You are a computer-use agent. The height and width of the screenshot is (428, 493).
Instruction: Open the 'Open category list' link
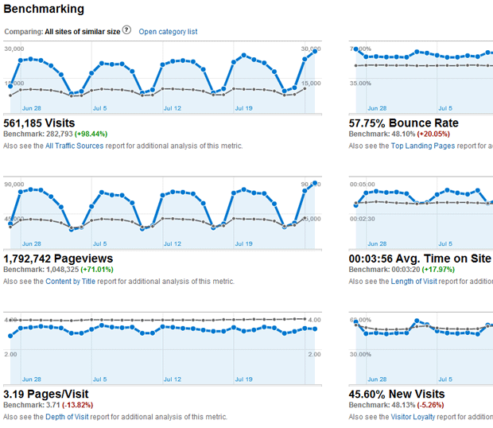pyautogui.click(x=168, y=32)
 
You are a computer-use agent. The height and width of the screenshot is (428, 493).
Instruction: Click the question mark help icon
pyautogui.click(x=126, y=31)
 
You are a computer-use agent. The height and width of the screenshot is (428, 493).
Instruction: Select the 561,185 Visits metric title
pyautogui.click(x=40, y=123)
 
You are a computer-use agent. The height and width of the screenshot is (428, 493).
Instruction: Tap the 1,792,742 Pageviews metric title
pyautogui.click(x=58, y=259)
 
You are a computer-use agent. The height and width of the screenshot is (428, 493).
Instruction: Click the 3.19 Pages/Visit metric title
pyautogui.click(x=46, y=394)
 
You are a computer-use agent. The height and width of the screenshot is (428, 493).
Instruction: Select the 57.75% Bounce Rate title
pyautogui.click(x=403, y=123)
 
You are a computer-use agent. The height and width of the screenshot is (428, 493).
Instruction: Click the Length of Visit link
pyautogui.click(x=423, y=282)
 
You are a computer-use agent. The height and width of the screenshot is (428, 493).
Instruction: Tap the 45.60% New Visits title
pyautogui.click(x=397, y=394)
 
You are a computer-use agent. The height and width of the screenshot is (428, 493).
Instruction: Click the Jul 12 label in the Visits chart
pyautogui.click(x=173, y=108)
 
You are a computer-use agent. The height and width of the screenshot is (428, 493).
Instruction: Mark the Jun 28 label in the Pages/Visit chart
pyautogui.click(x=32, y=379)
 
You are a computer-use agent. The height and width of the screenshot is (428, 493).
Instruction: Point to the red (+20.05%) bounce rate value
pyautogui.click(x=438, y=135)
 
